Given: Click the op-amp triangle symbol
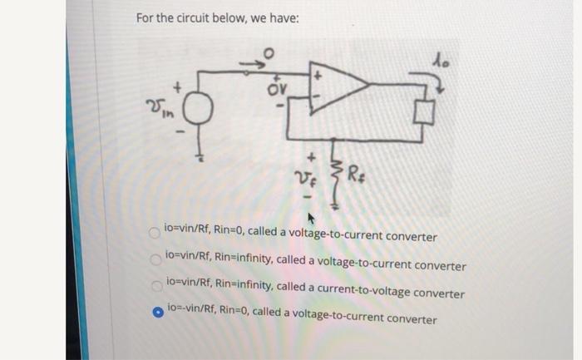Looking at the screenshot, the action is [x=337, y=86].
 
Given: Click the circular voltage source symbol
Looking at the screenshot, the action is [x=200, y=107].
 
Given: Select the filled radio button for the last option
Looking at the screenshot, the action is [x=155, y=313].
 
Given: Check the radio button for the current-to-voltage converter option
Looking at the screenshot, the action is [x=155, y=288].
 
